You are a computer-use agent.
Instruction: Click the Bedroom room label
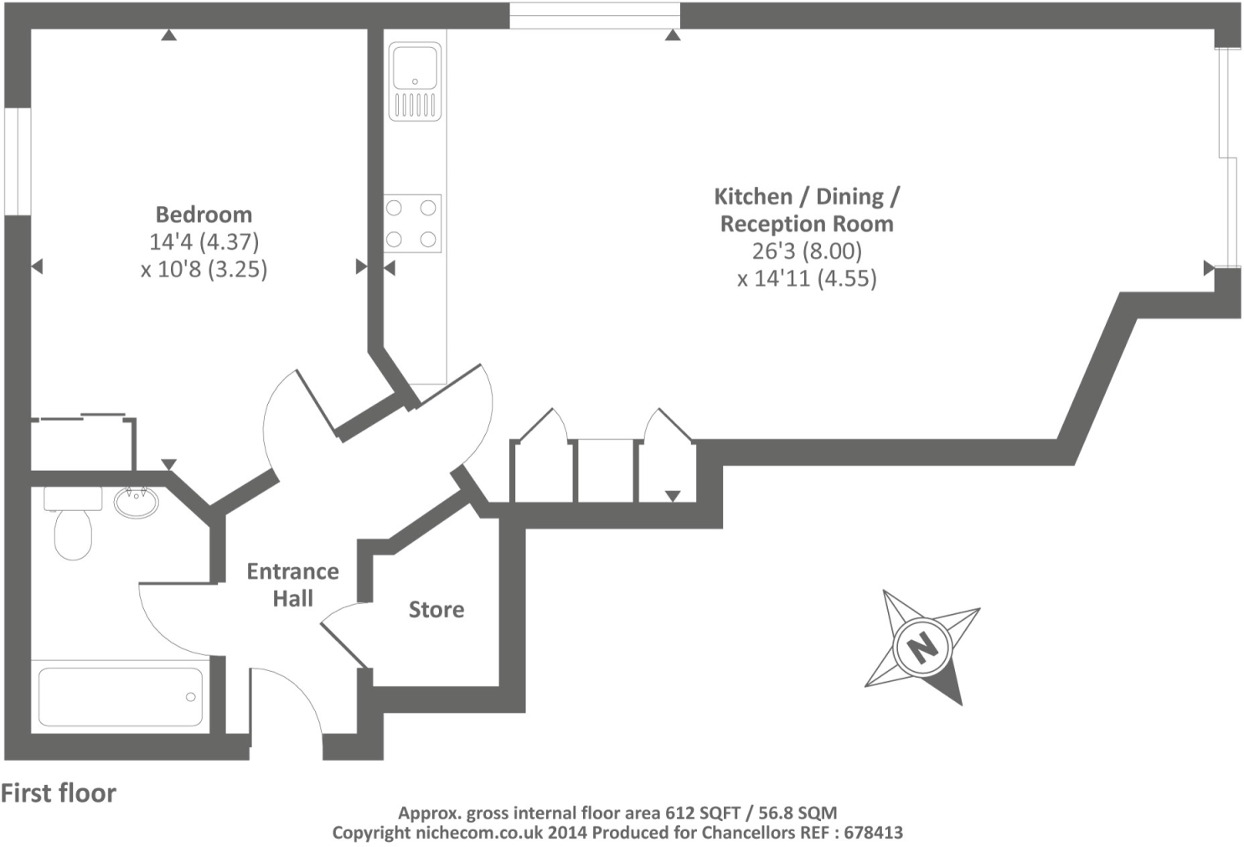(204, 214)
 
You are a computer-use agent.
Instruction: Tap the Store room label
(436, 609)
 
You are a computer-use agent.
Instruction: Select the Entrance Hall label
(292, 585)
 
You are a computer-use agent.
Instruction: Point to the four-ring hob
(412, 224)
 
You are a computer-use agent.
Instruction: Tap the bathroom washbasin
(135, 503)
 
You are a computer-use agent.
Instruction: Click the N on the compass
(922, 646)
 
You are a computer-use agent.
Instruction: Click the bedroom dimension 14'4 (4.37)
(204, 242)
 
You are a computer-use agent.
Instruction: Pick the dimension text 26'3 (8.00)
(807, 251)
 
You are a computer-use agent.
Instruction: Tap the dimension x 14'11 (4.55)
(807, 279)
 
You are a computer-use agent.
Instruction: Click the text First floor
(59, 793)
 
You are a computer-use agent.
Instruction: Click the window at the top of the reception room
(595, 15)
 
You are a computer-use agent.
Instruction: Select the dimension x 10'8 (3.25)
(204, 270)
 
